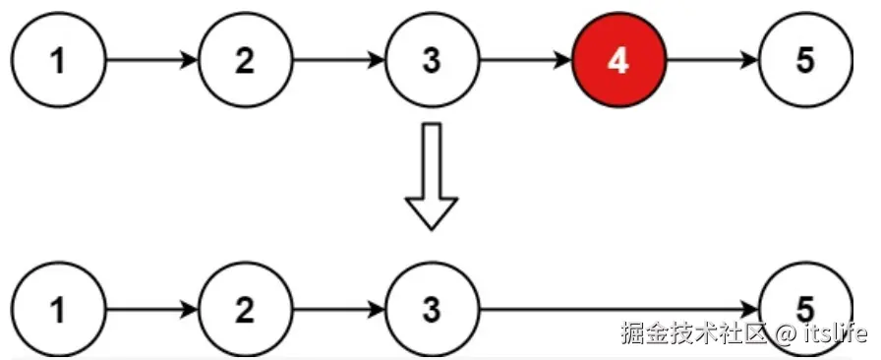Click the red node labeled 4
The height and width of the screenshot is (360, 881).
(x=617, y=61)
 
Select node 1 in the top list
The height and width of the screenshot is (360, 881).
(x=58, y=61)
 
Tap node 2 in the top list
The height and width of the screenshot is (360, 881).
(x=244, y=61)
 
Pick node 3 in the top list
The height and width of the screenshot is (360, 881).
(x=431, y=61)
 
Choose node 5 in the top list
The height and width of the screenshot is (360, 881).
(x=804, y=61)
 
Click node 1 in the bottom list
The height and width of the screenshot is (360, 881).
(x=58, y=311)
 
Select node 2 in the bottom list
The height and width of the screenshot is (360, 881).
(x=244, y=311)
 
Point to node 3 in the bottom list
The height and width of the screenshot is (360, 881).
(x=431, y=311)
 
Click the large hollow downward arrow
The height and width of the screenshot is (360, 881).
(x=432, y=177)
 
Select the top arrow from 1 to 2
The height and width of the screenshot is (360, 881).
(x=150, y=61)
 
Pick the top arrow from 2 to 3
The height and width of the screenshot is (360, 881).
(x=337, y=61)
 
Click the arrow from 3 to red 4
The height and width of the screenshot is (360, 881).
(x=524, y=61)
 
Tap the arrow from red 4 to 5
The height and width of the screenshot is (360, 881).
(x=711, y=61)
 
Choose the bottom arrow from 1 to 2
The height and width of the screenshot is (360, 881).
(x=150, y=311)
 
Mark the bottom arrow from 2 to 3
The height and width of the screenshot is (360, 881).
(x=337, y=311)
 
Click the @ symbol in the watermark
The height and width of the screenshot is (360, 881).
(x=784, y=333)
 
